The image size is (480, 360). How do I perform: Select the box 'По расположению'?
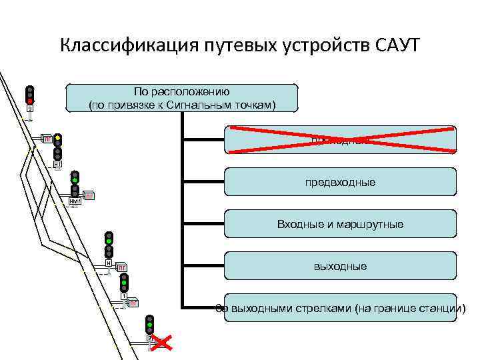182,98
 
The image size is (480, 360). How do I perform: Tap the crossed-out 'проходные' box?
340,139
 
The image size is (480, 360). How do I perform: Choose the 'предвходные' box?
340,181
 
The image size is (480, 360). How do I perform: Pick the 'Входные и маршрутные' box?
340,224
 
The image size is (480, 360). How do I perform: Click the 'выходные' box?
340,266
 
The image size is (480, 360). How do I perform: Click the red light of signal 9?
30,101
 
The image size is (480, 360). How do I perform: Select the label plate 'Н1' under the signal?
58,163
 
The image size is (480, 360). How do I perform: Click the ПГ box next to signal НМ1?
89,196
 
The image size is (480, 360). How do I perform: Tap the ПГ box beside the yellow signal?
47,139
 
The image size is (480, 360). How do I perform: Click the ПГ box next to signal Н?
121,268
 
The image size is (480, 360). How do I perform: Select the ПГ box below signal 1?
132,303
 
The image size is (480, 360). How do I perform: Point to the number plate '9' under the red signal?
29,109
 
